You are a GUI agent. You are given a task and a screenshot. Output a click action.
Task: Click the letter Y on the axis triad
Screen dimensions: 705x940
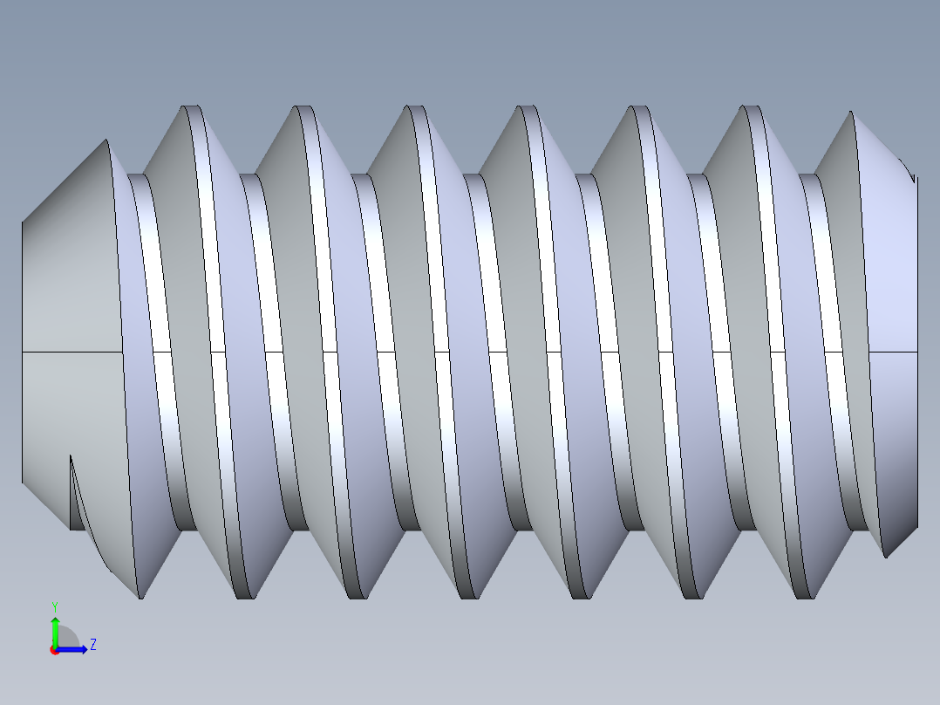[x=55, y=606]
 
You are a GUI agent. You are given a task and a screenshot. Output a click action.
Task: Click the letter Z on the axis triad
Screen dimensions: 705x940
[x=92, y=645]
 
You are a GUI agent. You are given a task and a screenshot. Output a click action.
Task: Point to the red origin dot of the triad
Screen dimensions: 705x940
[x=54, y=650]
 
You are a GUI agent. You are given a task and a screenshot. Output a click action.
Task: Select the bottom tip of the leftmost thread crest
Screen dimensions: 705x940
[x=140, y=598]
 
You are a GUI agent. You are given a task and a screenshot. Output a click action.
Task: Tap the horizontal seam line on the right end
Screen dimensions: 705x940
[x=894, y=352]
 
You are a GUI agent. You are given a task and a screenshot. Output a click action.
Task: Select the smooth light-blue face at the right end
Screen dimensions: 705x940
[x=894, y=262]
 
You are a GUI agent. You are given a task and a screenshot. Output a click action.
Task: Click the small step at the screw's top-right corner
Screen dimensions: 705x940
[x=914, y=178]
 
